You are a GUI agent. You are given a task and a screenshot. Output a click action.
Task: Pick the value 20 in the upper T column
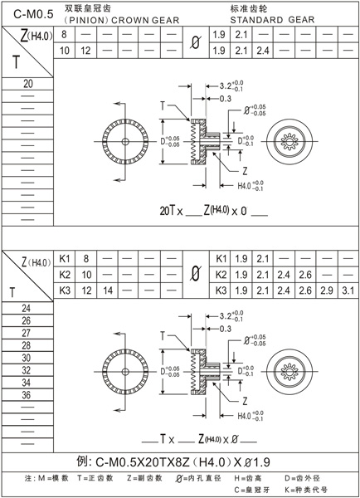point(28,85)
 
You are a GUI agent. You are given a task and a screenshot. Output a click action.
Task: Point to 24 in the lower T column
point(27,309)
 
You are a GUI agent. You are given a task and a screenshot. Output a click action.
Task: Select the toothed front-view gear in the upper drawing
point(124,141)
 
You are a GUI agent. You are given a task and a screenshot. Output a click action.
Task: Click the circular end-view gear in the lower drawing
point(291,369)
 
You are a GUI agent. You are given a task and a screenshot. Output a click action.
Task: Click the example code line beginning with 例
point(179,462)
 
